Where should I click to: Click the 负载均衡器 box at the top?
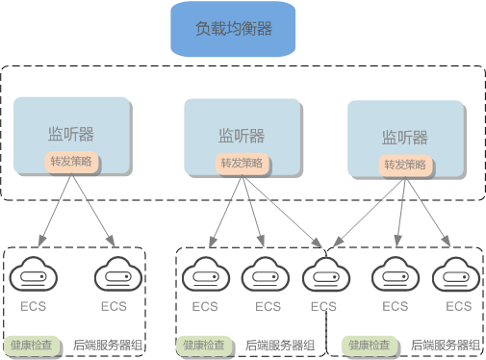point(234,29)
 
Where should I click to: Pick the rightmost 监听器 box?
point(403,137)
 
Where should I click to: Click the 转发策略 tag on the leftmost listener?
point(71,162)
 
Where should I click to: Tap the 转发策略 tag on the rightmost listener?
point(404,165)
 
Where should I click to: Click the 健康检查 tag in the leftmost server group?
point(32,344)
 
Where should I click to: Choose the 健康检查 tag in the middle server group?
point(201,344)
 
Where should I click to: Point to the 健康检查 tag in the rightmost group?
point(369,344)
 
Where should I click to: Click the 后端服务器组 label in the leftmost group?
point(108,344)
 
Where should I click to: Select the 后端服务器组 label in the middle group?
point(278,344)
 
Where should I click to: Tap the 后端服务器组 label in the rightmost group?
point(444,344)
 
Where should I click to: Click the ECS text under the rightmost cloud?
point(459,306)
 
